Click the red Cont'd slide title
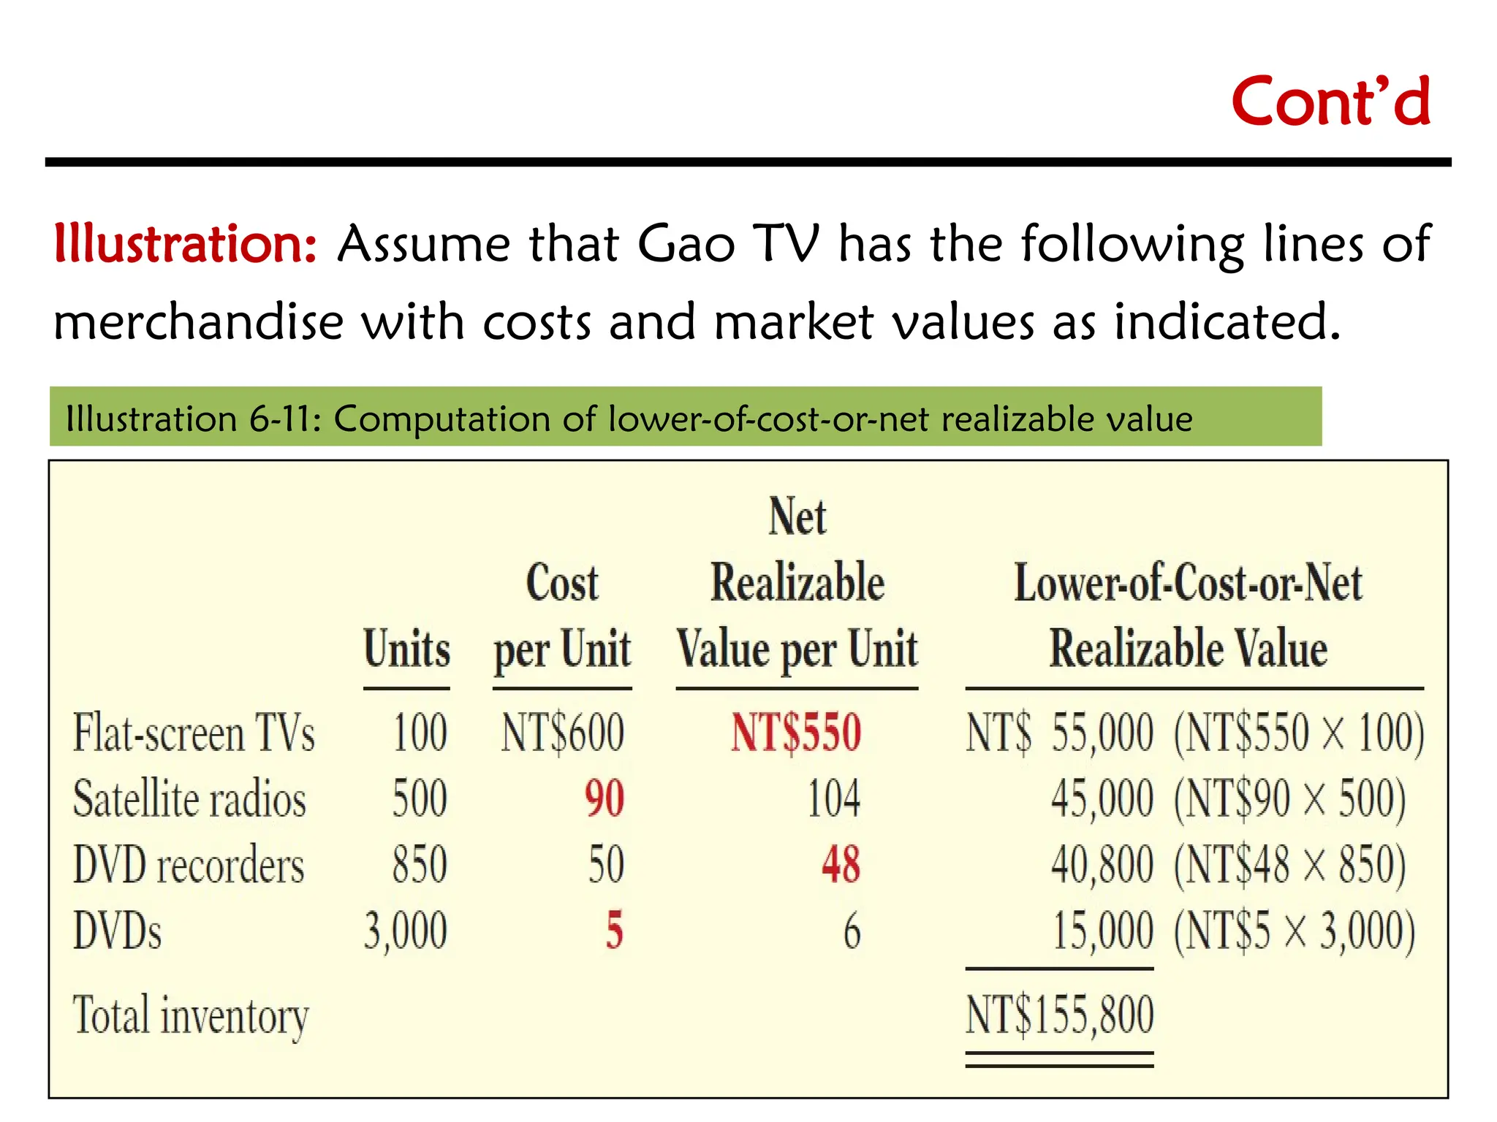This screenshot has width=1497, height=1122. coord(1330,102)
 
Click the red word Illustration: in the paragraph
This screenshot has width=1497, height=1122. coord(186,244)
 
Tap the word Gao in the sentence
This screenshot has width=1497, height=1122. coord(686,244)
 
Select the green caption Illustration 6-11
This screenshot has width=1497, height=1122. coord(629,419)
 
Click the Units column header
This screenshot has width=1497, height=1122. coord(406,649)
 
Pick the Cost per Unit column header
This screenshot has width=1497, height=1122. coord(562,617)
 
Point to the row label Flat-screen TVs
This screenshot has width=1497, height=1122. coord(194,733)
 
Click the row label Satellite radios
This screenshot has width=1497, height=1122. coord(189,799)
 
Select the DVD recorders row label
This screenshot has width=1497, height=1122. coord(189,865)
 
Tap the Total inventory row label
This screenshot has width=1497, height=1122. coord(191,1015)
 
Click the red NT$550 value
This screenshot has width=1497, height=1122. coord(796,733)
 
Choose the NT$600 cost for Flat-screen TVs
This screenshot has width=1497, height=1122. coord(562,733)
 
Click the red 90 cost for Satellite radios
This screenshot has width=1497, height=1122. coord(605,799)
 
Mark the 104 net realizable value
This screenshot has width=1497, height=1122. coord(833,799)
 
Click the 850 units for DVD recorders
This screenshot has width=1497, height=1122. coord(420,865)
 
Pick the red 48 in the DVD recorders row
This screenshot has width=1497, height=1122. coord(841,865)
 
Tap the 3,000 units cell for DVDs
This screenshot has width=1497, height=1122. coord(406,931)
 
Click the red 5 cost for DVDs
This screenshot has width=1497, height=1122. coord(614,931)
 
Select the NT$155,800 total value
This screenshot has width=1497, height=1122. coord(1059,1015)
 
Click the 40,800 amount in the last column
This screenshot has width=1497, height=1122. coord(1102,865)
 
